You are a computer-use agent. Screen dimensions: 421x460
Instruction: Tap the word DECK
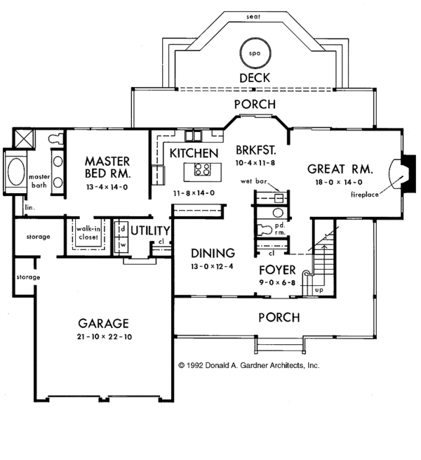click(x=255, y=78)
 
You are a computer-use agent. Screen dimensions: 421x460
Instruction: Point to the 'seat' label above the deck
click(x=253, y=17)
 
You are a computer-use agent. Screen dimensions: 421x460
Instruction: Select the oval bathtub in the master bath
click(x=16, y=171)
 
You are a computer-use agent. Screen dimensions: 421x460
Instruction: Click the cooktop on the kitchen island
click(x=203, y=169)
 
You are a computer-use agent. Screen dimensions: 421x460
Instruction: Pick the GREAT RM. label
click(x=340, y=169)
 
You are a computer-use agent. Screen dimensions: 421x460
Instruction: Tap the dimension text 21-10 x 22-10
click(x=105, y=337)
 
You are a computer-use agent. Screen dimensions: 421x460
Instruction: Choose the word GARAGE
click(x=103, y=324)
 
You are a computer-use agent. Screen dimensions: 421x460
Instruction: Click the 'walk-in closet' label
click(x=88, y=233)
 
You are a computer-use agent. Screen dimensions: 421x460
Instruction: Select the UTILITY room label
click(x=150, y=231)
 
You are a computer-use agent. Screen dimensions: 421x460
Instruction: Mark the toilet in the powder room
click(x=264, y=230)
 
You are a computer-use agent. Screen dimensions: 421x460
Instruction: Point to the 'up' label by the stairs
click(x=319, y=290)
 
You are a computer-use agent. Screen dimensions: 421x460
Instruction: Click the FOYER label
click(x=277, y=270)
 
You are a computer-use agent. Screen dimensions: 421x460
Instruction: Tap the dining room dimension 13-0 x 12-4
click(x=212, y=267)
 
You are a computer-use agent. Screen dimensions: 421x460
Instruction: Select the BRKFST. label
click(x=256, y=150)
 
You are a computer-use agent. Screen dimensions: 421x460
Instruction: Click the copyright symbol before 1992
click(x=182, y=365)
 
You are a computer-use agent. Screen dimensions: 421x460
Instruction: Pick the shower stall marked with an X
click(x=24, y=139)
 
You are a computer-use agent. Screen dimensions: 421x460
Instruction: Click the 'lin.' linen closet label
click(x=29, y=207)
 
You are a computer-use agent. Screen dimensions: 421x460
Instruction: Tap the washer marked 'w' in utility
click(x=123, y=244)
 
